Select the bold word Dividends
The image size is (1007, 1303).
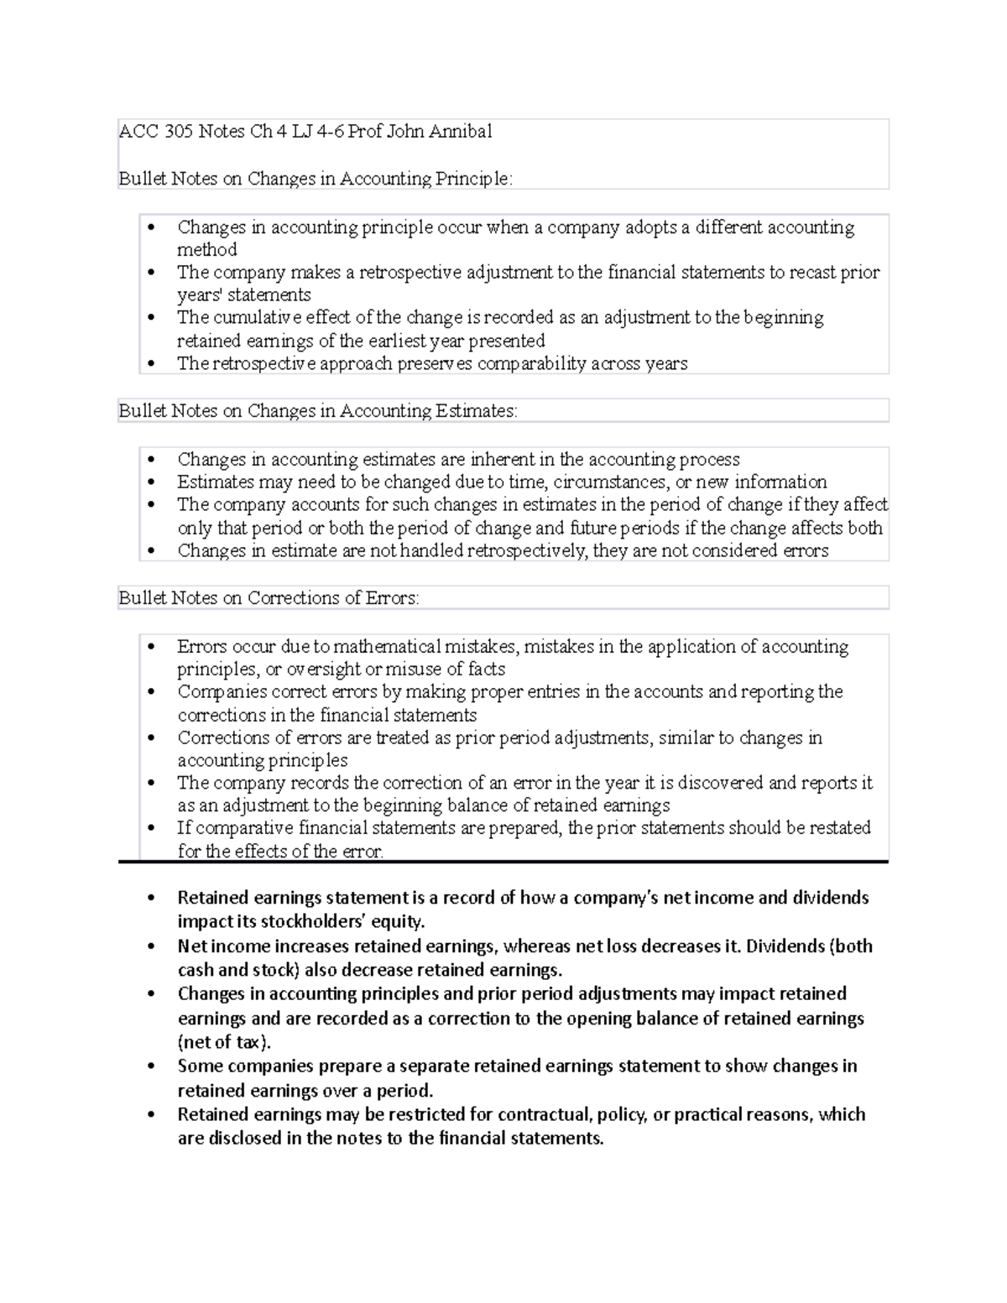(x=785, y=946)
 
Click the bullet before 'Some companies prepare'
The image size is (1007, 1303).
(x=151, y=1067)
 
